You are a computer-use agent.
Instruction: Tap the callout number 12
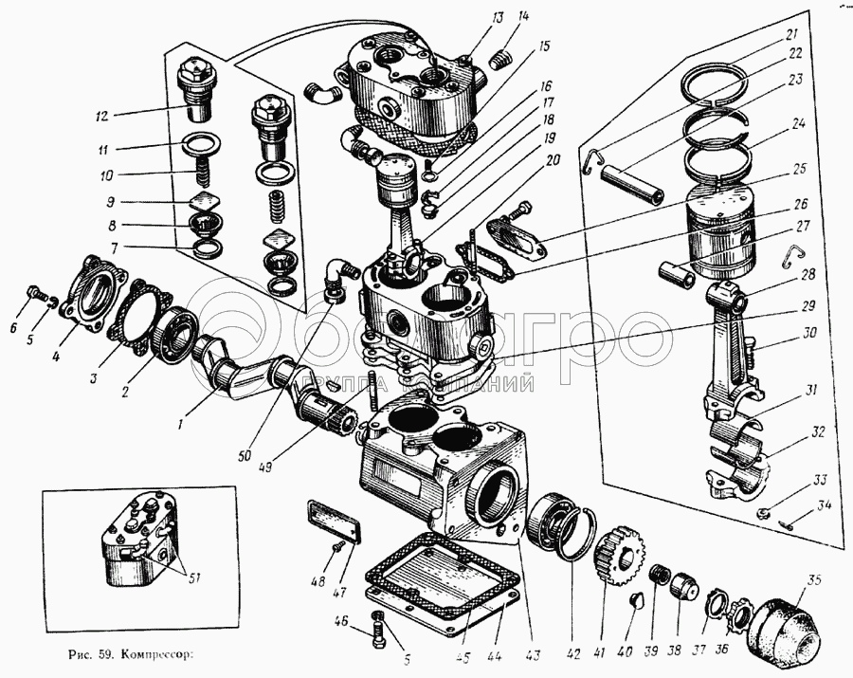102,116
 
